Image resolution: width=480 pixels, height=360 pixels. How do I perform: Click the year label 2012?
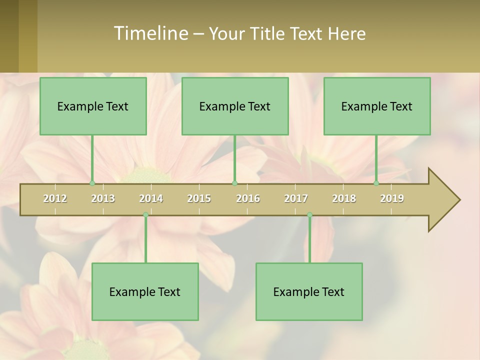(x=55, y=198)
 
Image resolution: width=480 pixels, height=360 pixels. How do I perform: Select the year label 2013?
(x=103, y=198)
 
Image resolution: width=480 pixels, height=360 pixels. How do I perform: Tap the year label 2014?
(x=151, y=198)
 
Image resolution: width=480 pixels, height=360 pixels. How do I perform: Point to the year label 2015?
(x=199, y=198)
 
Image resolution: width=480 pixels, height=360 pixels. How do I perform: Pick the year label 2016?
(x=248, y=198)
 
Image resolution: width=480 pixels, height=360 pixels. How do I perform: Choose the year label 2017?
(x=296, y=198)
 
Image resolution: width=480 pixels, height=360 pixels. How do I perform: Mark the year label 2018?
(x=344, y=198)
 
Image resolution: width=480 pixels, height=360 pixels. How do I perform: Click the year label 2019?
(x=392, y=198)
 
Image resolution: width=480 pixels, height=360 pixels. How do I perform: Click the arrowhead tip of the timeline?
(x=458, y=200)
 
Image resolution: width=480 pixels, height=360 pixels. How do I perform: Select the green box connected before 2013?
(x=93, y=106)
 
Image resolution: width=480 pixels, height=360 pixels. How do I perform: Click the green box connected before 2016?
(x=235, y=106)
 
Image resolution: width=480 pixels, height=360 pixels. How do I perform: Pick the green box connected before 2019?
(x=377, y=106)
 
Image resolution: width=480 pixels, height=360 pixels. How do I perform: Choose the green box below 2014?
(x=145, y=291)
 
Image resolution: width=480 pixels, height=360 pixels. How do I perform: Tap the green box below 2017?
(x=309, y=291)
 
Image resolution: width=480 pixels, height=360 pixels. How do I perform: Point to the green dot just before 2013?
(x=92, y=183)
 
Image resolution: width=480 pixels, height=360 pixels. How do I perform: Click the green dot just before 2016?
(x=235, y=183)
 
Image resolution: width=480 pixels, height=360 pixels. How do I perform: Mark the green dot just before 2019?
(x=376, y=183)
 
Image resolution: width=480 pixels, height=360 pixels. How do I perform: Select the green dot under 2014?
(x=145, y=215)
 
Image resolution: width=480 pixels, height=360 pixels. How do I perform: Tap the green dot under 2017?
(x=309, y=215)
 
